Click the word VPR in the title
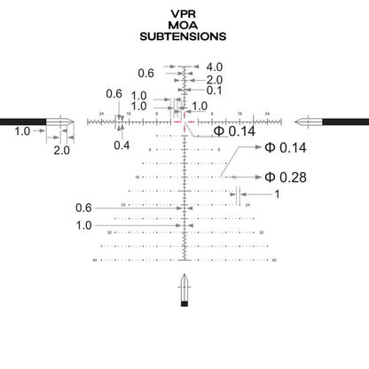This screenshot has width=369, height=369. pos(183,14)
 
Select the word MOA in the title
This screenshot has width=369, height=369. pos(183,26)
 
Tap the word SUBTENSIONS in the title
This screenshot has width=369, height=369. pos(183,37)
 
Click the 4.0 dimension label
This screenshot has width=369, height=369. pos(215,67)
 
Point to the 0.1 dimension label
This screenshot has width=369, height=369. pos(215,90)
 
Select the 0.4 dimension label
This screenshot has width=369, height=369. pos(122,145)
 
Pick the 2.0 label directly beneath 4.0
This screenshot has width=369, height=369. pos(215,79)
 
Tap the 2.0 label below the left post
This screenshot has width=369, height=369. pos(61,151)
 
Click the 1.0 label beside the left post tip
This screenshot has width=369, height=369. pos(23,131)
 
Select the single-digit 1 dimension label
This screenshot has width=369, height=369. pos(276,194)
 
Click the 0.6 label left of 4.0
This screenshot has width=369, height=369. pos(146,73)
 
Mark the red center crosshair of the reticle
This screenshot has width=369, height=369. pos(184,121)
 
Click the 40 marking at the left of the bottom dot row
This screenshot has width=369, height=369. pos(95,260)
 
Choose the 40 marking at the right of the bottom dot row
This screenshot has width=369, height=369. pos(275,260)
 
